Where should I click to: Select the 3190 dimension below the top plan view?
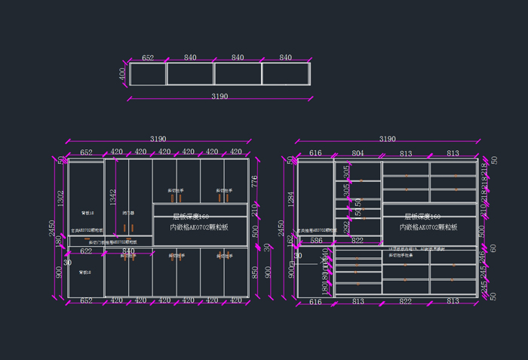pyautogui.click(x=219, y=97)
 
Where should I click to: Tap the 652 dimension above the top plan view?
pyautogui.click(x=148, y=57)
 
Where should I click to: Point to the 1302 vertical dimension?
pyautogui.click(x=60, y=198)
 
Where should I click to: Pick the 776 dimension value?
pyautogui.click(x=255, y=180)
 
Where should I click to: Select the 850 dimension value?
pyautogui.click(x=255, y=271)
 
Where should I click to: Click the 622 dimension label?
pyautogui.click(x=86, y=251)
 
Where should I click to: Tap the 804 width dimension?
pyautogui.click(x=358, y=153)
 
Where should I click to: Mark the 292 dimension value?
pyautogui.click(x=347, y=226)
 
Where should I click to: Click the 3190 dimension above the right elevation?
pyautogui.click(x=387, y=139)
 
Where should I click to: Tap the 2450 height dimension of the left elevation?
pyautogui.click(x=53, y=227)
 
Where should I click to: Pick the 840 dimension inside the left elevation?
pyautogui.click(x=128, y=251)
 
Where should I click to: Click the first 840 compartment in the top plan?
pyautogui.click(x=190, y=73)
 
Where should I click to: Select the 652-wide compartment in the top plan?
pyautogui.click(x=148, y=73)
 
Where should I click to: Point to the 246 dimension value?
pyautogui.click(x=483, y=257)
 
